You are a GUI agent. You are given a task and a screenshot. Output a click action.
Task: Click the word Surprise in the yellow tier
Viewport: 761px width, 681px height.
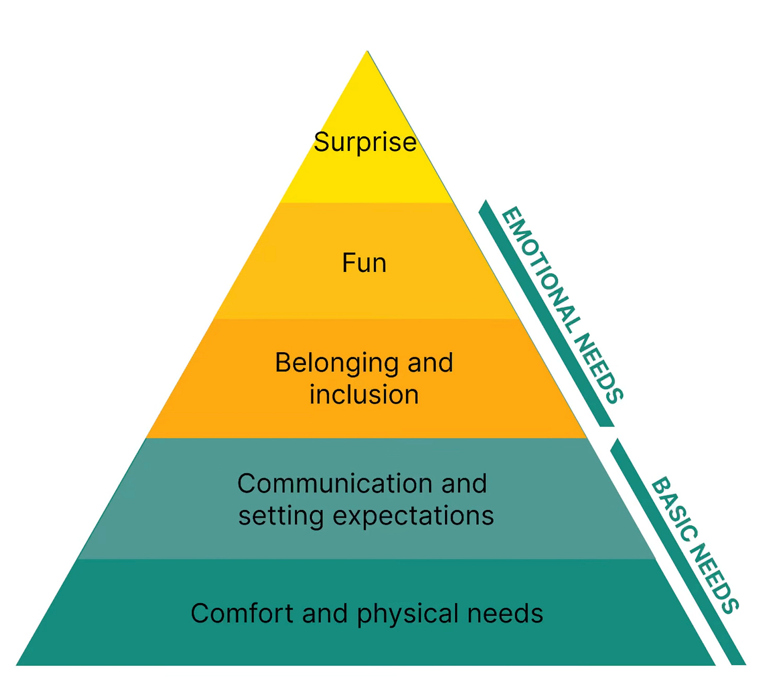(365, 142)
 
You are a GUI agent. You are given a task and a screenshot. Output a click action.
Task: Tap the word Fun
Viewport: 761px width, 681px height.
(364, 263)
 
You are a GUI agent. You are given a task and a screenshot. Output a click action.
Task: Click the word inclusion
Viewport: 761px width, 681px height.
(364, 395)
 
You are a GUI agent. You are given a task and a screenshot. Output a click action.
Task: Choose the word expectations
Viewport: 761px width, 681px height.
(413, 516)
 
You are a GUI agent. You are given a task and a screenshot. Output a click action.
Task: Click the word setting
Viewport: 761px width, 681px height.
(281, 516)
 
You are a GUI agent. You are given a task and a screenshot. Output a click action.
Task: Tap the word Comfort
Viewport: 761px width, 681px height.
(241, 614)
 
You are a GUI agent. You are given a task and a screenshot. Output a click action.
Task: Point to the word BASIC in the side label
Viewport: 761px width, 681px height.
(675, 510)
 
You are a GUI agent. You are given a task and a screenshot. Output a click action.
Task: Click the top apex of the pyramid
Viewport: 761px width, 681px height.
(367, 52)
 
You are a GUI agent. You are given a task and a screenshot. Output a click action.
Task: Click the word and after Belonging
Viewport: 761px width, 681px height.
(430, 363)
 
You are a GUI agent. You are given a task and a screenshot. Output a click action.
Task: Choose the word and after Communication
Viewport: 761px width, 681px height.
(464, 484)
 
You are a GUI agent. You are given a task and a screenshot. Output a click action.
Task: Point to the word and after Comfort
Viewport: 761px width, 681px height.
(325, 614)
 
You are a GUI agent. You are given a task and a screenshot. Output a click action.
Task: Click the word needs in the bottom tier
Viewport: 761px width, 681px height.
(505, 614)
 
